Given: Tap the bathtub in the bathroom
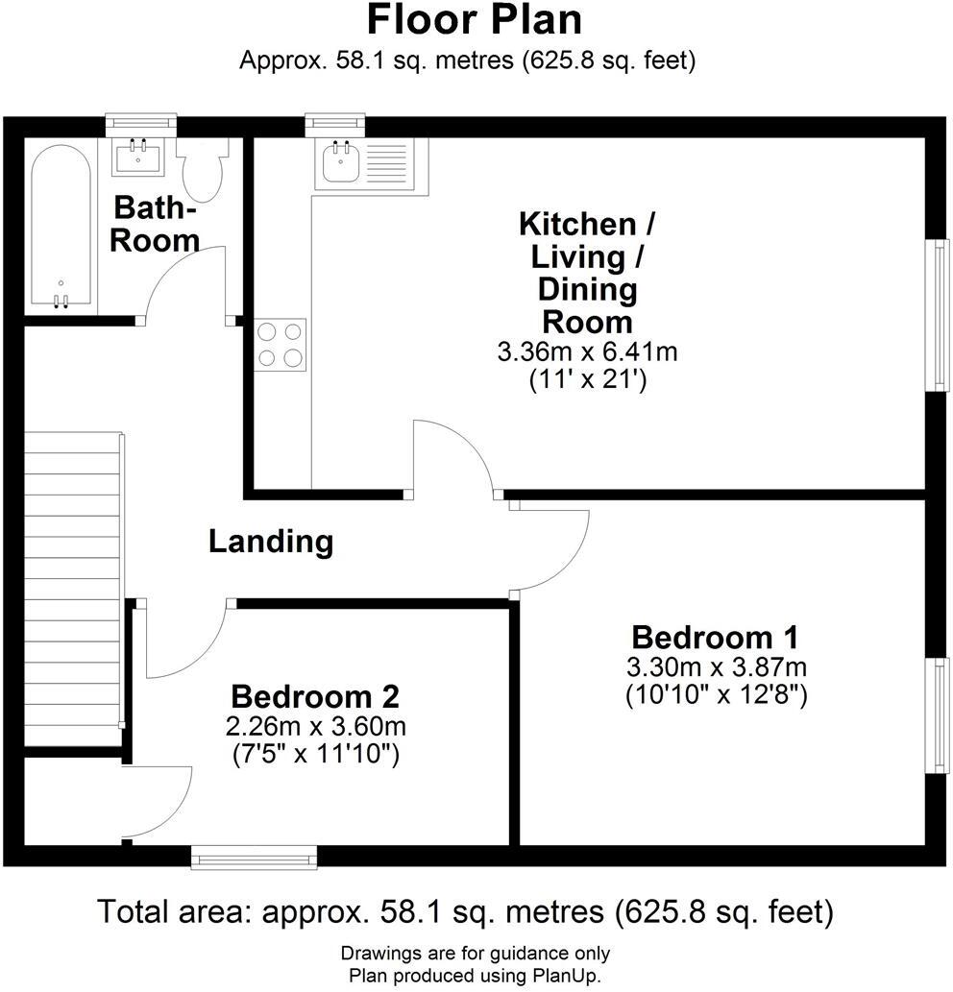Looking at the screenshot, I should [61, 229].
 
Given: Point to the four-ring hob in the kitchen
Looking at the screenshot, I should [281, 345].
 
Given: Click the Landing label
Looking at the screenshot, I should [271, 542].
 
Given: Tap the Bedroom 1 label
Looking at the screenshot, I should [715, 637].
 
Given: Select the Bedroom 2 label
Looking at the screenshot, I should [315, 696].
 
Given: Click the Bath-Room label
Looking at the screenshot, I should [155, 224].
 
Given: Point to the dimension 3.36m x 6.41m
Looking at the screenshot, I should [587, 352].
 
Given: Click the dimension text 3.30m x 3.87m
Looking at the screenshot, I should [716, 666].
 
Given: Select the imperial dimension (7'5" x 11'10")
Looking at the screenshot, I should [316, 755].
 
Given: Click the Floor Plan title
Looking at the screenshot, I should [474, 20].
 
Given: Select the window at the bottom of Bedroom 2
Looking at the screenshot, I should [254, 857].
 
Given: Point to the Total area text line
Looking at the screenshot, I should [466, 910].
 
